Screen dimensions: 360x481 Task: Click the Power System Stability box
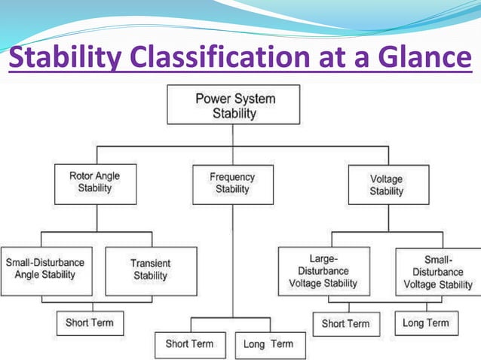(234, 105)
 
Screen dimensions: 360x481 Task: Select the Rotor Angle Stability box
(94, 183)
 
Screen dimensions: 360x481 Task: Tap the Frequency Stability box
(232, 184)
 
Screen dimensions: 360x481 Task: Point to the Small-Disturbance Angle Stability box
(45, 269)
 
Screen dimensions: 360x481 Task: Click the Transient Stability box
(150, 270)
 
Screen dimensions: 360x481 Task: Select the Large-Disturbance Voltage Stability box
(323, 270)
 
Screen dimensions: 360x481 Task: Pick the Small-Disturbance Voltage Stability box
(438, 271)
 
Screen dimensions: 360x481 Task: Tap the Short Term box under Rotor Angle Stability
(90, 323)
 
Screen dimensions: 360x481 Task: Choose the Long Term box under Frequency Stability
(269, 344)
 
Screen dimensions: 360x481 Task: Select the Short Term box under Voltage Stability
(345, 324)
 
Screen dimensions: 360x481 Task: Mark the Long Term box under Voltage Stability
(426, 323)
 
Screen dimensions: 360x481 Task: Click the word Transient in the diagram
(150, 264)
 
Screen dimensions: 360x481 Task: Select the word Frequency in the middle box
(232, 178)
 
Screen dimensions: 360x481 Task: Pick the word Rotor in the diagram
(81, 176)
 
